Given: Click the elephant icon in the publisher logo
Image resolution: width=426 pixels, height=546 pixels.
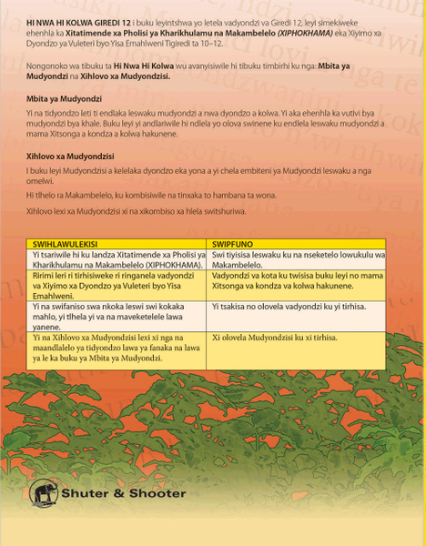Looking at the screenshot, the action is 46,494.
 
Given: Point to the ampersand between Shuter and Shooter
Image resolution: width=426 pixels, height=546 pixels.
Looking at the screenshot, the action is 116,494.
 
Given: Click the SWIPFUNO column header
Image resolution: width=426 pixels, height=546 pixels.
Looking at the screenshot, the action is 233,245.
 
